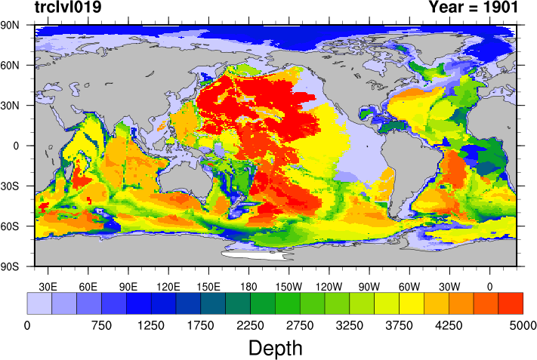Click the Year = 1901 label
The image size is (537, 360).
(x=473, y=8)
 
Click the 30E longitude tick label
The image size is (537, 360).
(x=48, y=286)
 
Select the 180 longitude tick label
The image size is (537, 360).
(x=248, y=286)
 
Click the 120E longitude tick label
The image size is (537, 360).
(x=168, y=286)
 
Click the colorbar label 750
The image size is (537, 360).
(x=101, y=325)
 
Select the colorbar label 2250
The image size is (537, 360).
(x=250, y=325)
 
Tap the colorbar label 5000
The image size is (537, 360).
(x=523, y=325)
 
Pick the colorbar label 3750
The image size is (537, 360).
(x=399, y=325)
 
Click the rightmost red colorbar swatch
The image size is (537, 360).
(x=511, y=303)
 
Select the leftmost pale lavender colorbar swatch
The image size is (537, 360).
(x=39, y=303)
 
